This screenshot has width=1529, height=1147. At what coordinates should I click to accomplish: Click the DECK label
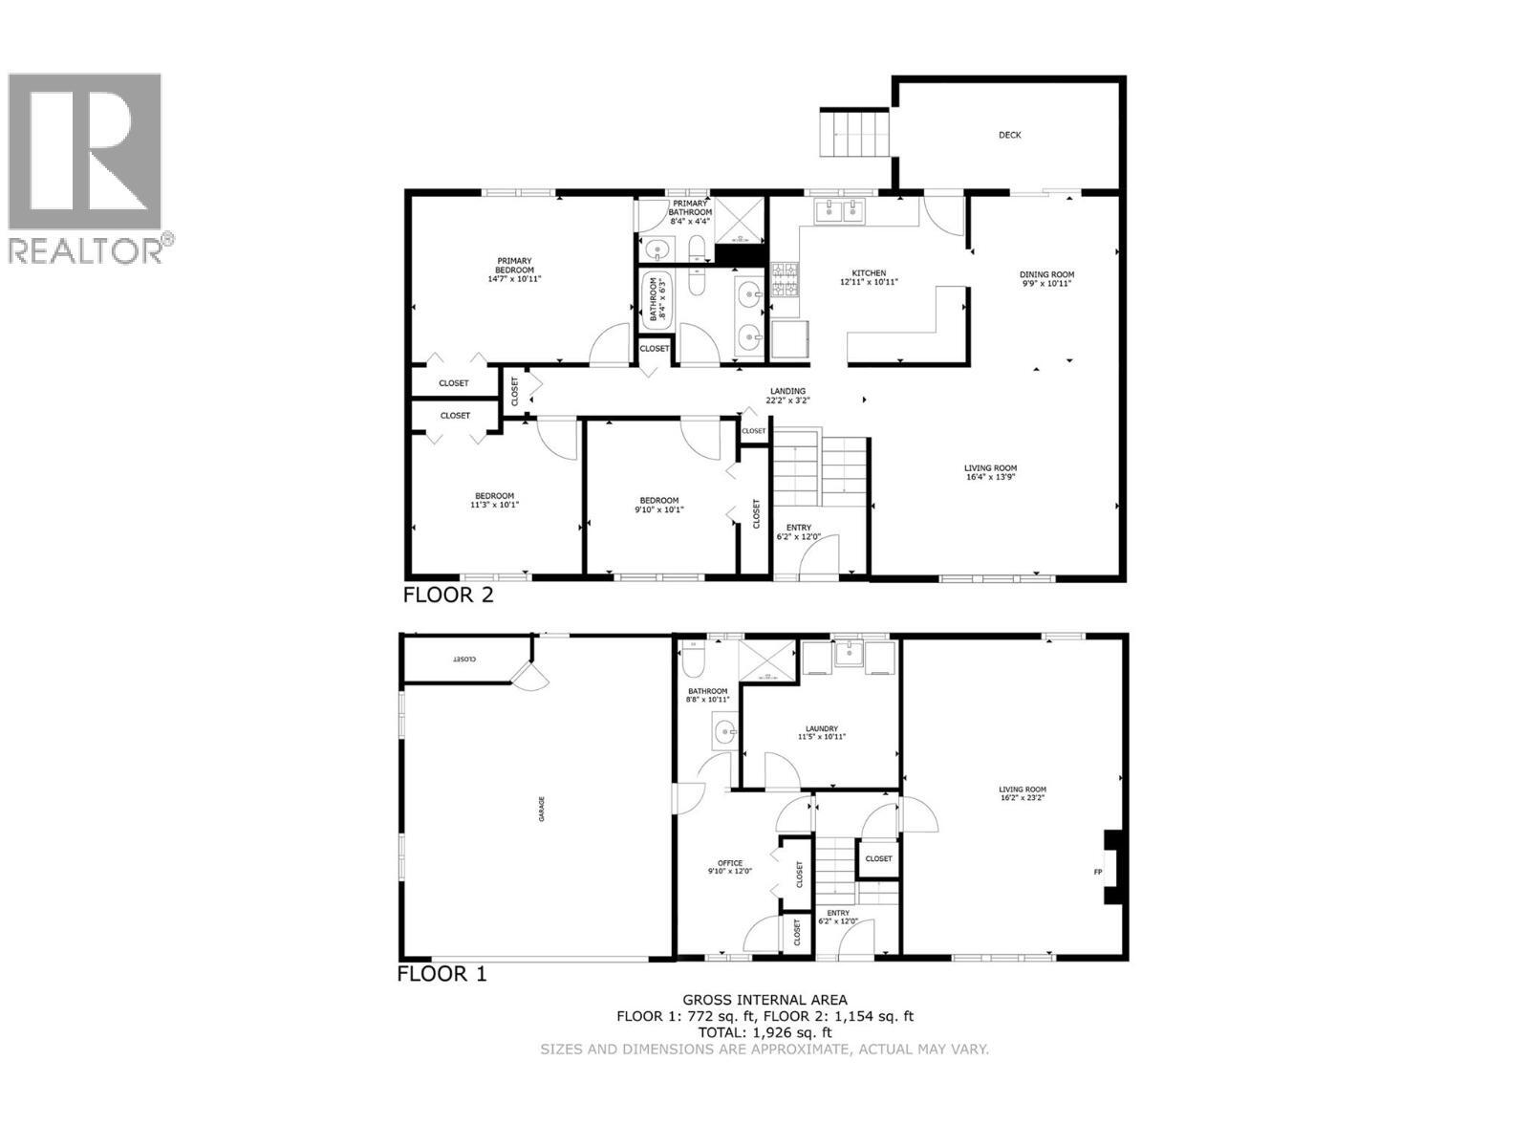tap(1010, 135)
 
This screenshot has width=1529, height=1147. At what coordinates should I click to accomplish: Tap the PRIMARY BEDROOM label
tap(514, 266)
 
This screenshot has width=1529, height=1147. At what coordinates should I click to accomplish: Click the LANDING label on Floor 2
tap(787, 391)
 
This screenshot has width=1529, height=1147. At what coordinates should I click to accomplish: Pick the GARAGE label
tap(541, 809)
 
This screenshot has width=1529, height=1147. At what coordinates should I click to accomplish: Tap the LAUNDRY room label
tap(822, 729)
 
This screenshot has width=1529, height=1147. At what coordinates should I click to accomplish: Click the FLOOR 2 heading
tap(448, 595)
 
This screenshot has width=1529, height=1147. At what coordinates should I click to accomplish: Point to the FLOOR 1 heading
tap(442, 974)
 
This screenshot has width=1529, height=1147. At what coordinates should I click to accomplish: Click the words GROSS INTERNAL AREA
tap(764, 1000)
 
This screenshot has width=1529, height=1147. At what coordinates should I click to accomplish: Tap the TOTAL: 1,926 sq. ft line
tap(764, 1032)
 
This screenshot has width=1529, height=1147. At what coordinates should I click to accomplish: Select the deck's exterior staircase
tap(855, 134)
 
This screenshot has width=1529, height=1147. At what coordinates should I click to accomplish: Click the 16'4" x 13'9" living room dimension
tap(990, 476)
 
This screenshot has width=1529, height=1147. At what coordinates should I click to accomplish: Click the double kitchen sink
tap(839, 211)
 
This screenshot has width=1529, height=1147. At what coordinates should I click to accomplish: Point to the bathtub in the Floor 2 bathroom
tap(657, 301)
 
